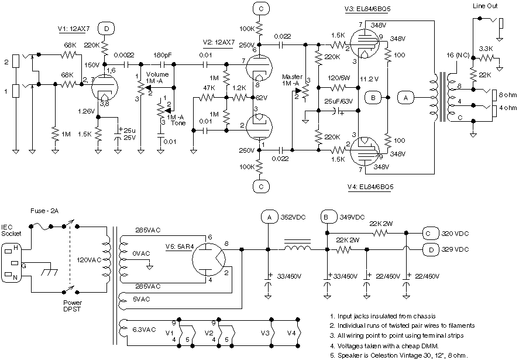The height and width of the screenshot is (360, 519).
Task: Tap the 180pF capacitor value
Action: pyautogui.click(x=163, y=55)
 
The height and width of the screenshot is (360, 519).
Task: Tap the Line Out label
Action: pyautogui.click(x=484, y=6)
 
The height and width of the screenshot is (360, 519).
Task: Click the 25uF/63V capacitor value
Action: pyautogui.click(x=339, y=102)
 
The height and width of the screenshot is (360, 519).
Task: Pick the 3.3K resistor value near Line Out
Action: pyautogui.click(x=486, y=48)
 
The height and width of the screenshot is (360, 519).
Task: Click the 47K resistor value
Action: pyautogui.click(x=209, y=87)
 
